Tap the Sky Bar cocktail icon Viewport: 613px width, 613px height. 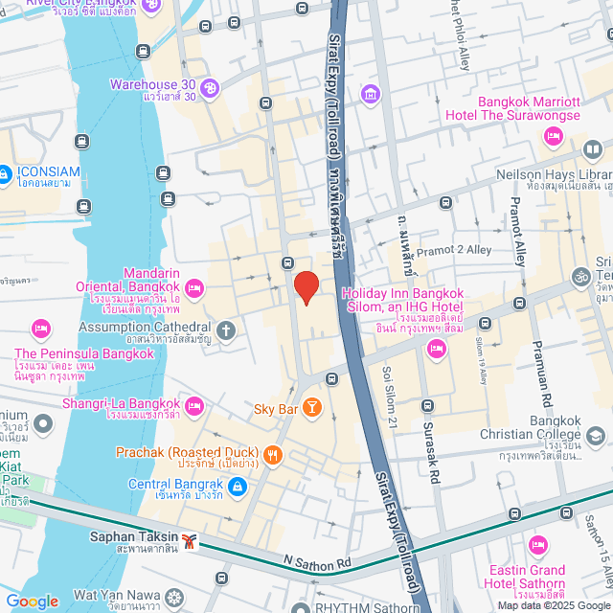click(311, 409)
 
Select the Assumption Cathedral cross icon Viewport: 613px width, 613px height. click(226, 331)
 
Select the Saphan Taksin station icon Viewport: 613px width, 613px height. click(192, 541)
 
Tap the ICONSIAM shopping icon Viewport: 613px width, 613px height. click(5, 175)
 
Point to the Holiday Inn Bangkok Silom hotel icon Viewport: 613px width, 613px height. click(437, 349)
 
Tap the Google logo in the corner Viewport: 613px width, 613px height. click(32, 601)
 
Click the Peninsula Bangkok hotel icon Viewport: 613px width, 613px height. click(40, 329)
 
